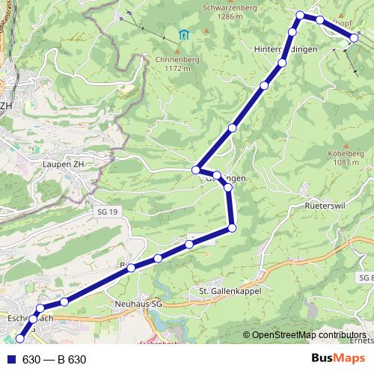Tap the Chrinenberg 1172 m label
coord(178,64)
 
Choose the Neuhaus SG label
coord(140,305)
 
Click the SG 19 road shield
coord(108,213)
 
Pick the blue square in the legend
coord(10,360)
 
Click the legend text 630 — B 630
coord(55,360)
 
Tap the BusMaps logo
coord(337,359)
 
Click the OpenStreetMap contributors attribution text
coord(308,335)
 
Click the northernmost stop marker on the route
coord(301,15)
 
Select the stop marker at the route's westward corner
coord(196,169)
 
